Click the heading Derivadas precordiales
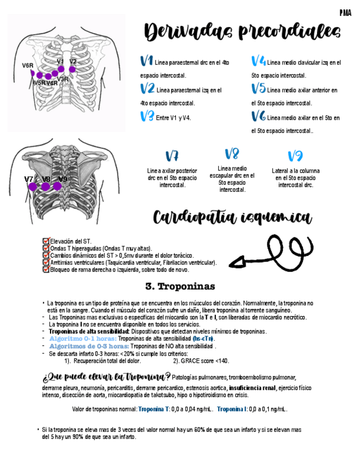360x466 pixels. tap(242, 32)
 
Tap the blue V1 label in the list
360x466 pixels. tap(147, 61)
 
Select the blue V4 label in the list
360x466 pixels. tap(258, 61)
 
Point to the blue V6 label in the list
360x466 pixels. tap(258, 116)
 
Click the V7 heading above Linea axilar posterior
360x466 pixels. tap(171, 156)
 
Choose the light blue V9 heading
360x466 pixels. tap(295, 156)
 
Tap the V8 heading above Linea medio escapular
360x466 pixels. tap(231, 154)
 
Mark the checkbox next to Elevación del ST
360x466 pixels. tap(46, 241)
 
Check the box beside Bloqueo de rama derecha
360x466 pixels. tap(46, 270)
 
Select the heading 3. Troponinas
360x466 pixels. tap(180, 286)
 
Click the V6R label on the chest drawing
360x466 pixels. tap(27, 65)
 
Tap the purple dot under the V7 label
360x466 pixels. tap(32, 187)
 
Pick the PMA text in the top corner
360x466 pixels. tap(345, 12)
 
